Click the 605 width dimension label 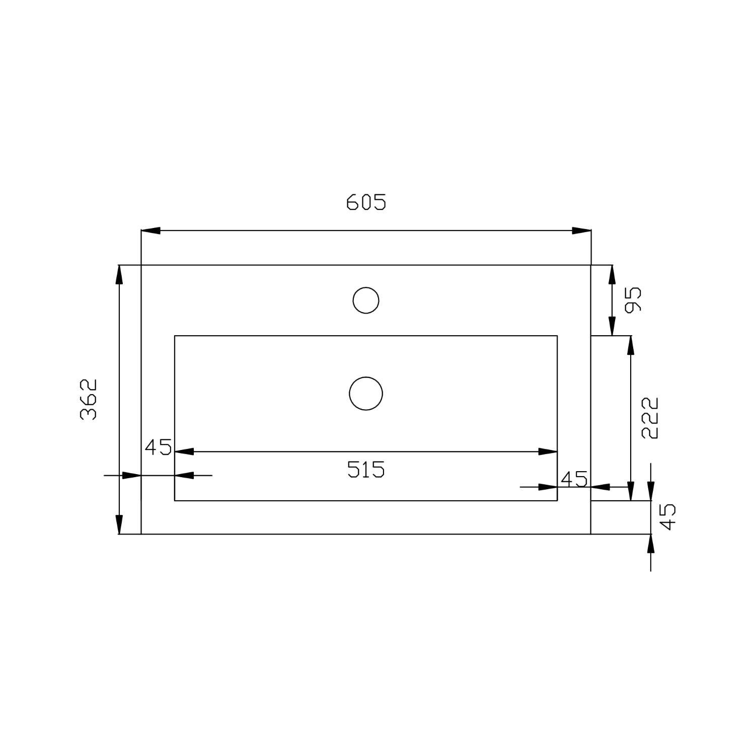click(x=366, y=202)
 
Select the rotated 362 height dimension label click(x=89, y=399)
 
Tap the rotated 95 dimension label click(x=633, y=299)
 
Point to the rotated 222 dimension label click(x=650, y=418)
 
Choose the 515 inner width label click(x=366, y=470)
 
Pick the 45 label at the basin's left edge click(x=159, y=447)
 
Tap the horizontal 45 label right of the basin click(x=574, y=479)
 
